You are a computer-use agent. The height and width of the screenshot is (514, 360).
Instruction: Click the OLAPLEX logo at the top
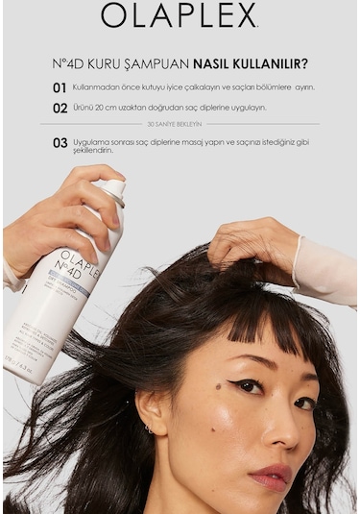point(180,15)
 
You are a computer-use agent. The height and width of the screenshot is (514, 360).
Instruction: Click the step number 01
point(60,87)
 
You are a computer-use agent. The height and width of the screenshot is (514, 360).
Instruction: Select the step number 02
point(60,109)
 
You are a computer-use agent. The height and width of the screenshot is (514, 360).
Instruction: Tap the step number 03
point(60,143)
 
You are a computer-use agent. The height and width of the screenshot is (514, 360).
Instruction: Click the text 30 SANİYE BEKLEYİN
point(174,124)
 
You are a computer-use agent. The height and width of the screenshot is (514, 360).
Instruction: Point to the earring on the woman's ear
point(148,428)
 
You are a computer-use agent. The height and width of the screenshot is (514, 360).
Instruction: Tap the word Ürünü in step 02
point(83,108)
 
